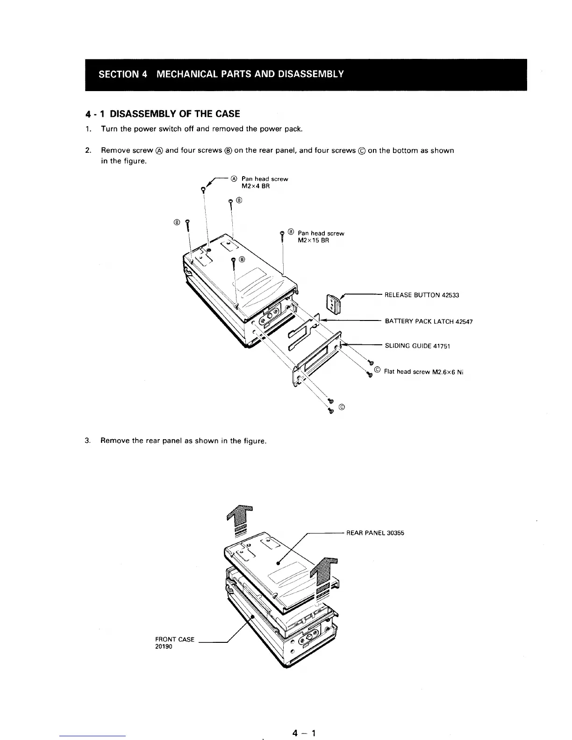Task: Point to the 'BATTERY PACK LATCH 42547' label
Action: pos(429,321)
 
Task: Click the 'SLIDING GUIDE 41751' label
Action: pos(417,346)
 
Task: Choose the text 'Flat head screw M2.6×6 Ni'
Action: pos(423,372)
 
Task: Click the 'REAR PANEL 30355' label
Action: pos(375,533)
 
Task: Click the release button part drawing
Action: pos(334,304)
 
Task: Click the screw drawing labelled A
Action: pos(203,190)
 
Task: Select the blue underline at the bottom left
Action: pos(93,736)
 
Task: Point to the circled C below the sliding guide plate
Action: pos(342,407)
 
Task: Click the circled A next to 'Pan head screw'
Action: pos(234,178)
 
